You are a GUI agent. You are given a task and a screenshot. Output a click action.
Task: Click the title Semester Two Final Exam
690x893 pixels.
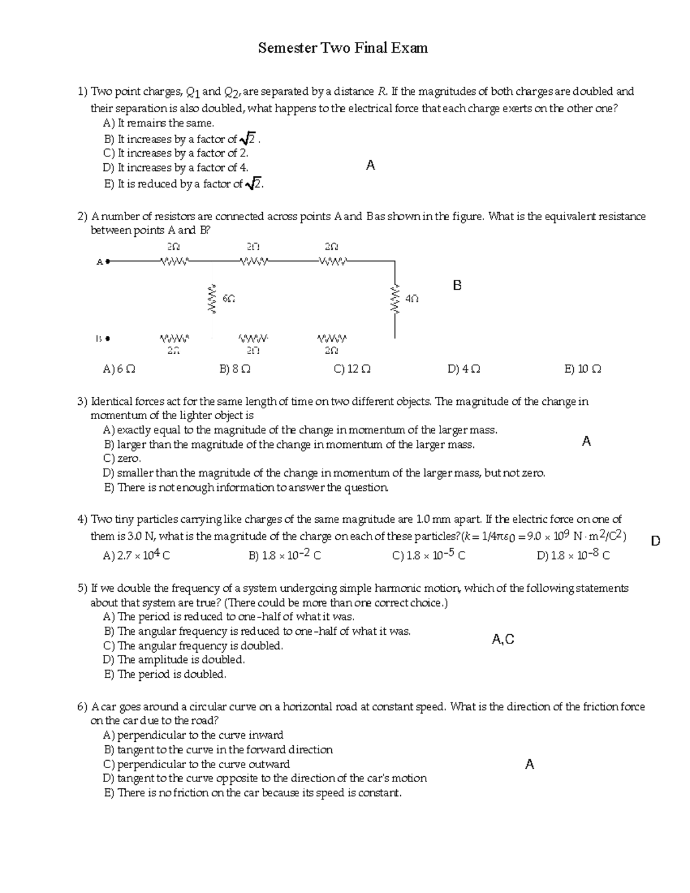(x=343, y=48)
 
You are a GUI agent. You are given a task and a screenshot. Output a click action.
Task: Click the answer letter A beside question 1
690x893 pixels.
(x=370, y=166)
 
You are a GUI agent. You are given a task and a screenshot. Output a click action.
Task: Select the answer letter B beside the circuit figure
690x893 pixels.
(x=457, y=285)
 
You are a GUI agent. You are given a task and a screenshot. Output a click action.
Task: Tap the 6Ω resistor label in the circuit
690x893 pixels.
(x=228, y=299)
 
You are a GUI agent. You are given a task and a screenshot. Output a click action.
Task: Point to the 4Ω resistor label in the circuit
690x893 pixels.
(x=412, y=299)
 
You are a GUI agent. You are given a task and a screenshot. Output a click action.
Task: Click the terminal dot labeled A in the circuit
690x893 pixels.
(x=108, y=262)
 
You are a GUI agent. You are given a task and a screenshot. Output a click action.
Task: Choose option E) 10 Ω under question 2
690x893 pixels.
(x=583, y=369)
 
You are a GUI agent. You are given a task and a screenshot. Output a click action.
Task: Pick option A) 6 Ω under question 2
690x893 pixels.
(x=119, y=369)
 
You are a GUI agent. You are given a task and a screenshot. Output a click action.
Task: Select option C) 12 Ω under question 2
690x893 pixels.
(x=352, y=369)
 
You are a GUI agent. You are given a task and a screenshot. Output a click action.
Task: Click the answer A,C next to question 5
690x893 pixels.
(x=503, y=639)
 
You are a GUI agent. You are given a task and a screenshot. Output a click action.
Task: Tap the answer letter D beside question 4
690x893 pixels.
(x=655, y=541)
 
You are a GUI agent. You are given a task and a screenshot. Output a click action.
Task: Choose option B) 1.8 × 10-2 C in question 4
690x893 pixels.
(x=285, y=555)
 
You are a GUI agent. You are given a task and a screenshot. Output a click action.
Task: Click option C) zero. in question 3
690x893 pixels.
(x=122, y=459)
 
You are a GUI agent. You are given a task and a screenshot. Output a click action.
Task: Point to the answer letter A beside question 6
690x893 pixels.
(x=530, y=764)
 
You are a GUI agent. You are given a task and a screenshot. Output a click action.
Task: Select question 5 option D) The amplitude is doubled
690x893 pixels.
(x=174, y=660)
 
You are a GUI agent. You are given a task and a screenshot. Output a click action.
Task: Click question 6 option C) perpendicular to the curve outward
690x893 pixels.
(x=197, y=764)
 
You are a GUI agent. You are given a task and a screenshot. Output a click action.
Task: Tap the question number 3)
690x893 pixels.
(x=82, y=401)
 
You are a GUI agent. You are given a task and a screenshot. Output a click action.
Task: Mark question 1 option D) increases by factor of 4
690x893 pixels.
(x=175, y=168)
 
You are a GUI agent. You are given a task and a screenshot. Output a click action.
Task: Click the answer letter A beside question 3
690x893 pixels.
(x=586, y=442)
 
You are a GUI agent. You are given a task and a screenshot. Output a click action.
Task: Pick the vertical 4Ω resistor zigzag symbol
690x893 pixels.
(x=394, y=299)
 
